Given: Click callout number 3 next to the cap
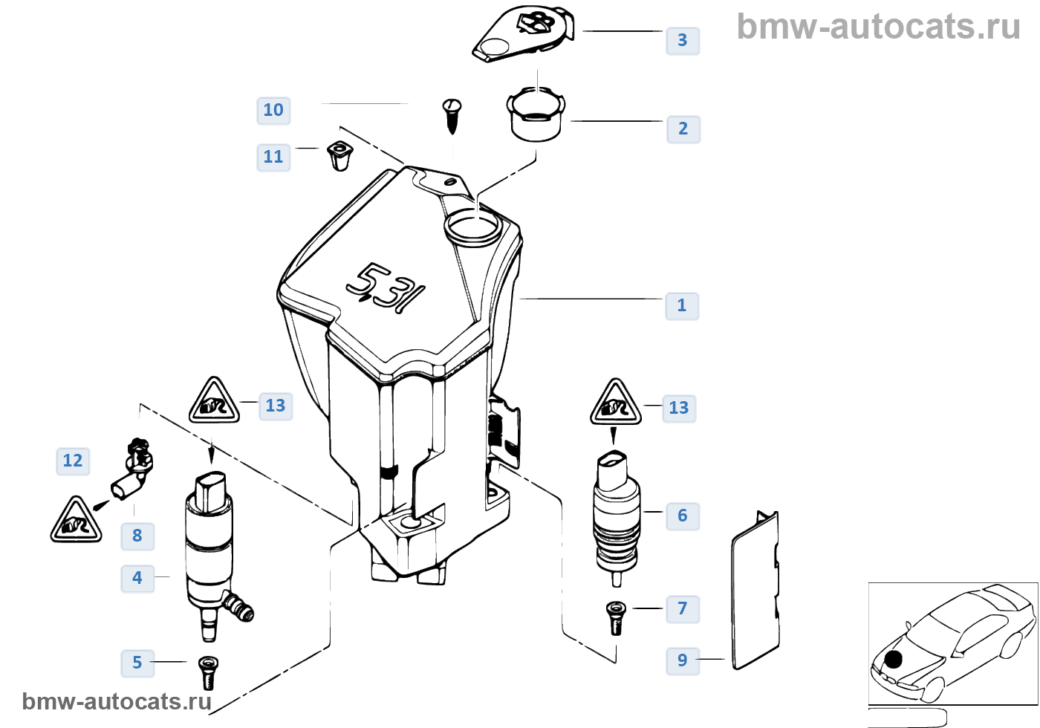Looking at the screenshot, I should pos(682,40).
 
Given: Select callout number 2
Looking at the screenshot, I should pos(683,129).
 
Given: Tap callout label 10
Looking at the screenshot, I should pos(273,110).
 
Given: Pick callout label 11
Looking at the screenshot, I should pos(273,157).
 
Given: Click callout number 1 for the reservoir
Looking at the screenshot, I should pos(682,305).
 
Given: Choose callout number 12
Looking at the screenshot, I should pos(73,461).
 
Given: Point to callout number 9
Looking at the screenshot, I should pos(682,660).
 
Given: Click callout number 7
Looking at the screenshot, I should pos(682,608).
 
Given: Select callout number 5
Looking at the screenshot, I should pos(137,663).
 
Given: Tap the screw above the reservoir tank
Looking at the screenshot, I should pos(452,114).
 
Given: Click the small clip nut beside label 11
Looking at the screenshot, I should pos(339,155).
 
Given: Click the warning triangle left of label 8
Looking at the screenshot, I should pos(76,521).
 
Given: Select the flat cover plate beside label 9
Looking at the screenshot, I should pos(756,591).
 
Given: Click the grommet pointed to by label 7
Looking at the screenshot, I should pos(616,617).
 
